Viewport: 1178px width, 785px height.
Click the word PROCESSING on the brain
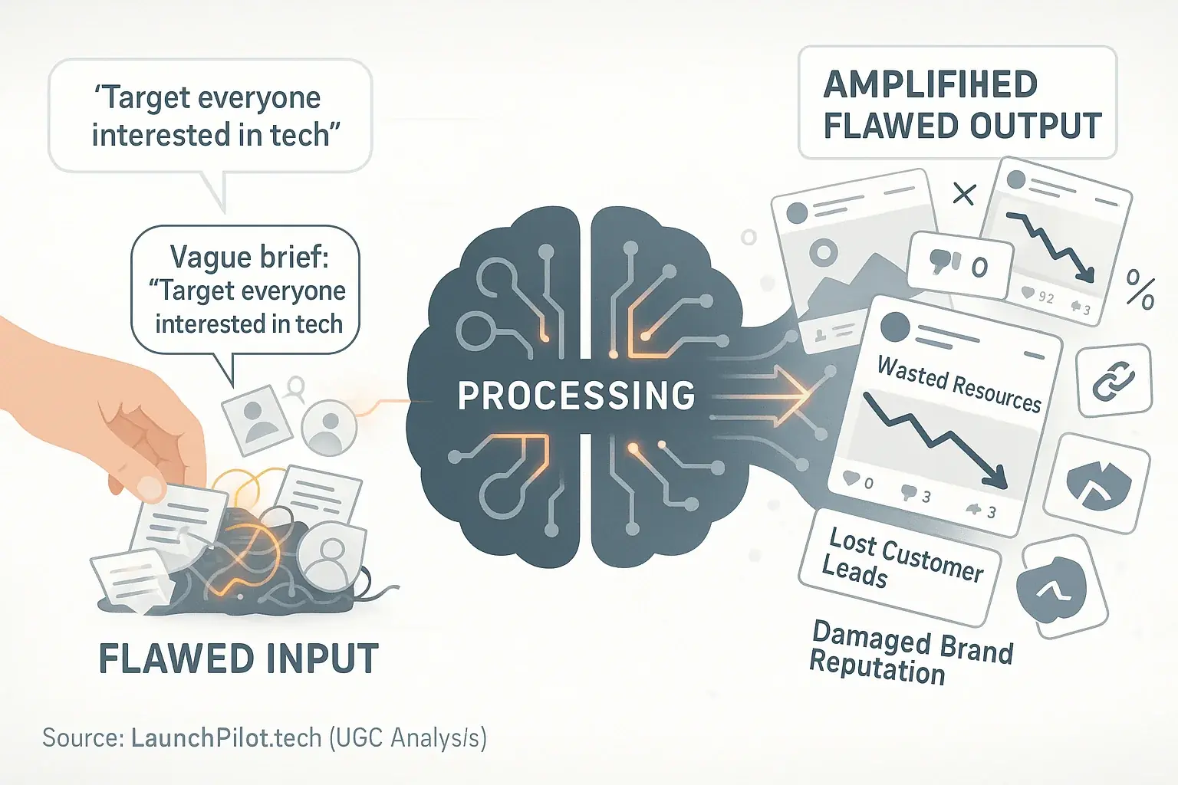[576, 396]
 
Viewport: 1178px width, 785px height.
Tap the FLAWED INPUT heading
[239, 659]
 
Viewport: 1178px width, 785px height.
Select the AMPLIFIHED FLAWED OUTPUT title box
[957, 103]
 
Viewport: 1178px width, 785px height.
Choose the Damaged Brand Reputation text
[911, 652]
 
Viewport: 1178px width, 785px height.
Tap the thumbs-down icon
[943, 263]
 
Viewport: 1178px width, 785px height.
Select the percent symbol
[1140, 290]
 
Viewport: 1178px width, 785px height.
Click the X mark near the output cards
[963, 194]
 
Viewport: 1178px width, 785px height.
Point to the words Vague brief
[248, 257]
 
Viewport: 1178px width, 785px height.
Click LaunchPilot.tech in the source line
[226, 737]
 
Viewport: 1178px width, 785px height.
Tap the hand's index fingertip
[150, 488]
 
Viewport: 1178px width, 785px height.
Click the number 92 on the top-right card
[1045, 297]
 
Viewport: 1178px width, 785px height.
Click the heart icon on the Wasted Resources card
[851, 478]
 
